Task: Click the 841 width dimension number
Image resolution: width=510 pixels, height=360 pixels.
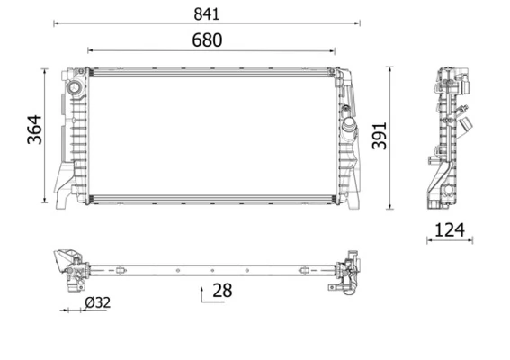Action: [x=206, y=13]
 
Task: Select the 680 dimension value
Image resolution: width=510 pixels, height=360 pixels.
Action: [x=206, y=40]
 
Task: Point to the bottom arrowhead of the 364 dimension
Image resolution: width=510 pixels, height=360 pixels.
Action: [x=45, y=202]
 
